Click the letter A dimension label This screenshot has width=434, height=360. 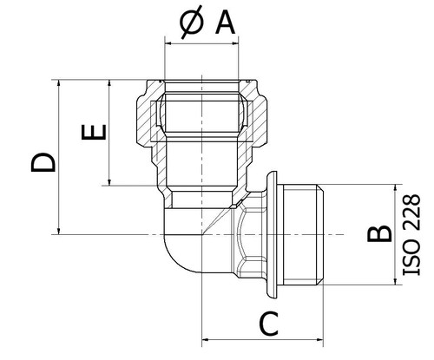tap(225, 23)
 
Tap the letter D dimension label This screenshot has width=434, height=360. tap(43, 162)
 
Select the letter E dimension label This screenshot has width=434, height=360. tap(94, 132)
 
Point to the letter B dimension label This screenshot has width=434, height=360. tap(379, 233)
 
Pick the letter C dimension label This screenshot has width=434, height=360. tap(269, 324)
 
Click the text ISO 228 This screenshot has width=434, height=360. tap(411, 234)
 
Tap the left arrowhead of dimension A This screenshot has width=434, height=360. tap(168, 44)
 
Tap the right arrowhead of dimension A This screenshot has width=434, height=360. tap(235, 44)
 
